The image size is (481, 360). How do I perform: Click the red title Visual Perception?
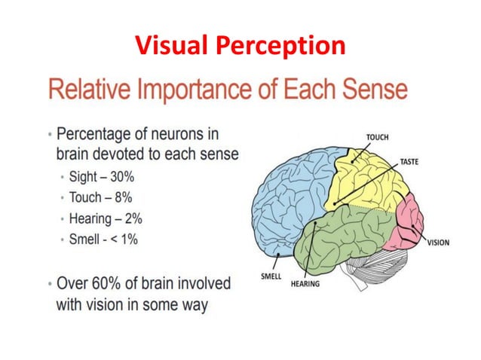(240, 45)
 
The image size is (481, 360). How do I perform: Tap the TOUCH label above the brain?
(378, 137)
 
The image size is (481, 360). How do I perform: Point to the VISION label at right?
(438, 243)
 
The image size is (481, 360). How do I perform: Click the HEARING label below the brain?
(305, 284)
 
